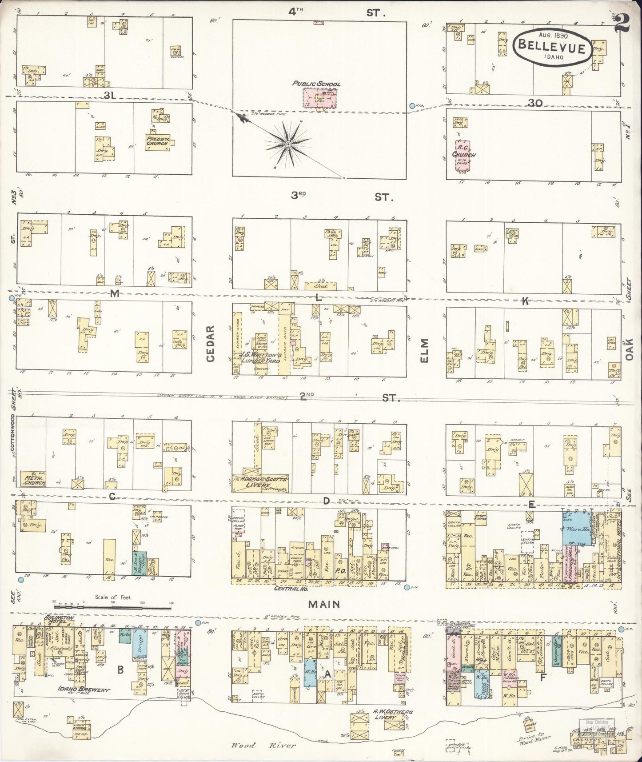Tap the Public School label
pos(316,84)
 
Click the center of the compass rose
pos(288,144)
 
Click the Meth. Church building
pos(34,479)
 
